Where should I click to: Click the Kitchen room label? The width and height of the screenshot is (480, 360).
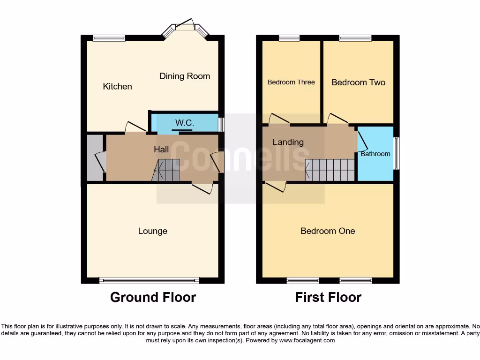click(117, 86)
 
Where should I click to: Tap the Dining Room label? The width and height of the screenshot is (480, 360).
click(185, 76)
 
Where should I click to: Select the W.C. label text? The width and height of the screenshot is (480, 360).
click(184, 123)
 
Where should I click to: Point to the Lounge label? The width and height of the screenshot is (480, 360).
click(152, 231)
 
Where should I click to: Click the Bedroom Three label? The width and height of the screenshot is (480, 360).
click(291, 82)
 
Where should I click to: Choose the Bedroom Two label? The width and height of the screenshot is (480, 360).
click(358, 82)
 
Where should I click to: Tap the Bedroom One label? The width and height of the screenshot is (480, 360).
click(328, 231)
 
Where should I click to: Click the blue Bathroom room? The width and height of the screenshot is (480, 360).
click(375, 153)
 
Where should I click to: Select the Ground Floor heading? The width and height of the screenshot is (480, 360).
click(153, 297)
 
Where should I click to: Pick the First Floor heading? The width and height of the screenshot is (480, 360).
click(328, 297)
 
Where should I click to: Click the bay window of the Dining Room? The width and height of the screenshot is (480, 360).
click(185, 30)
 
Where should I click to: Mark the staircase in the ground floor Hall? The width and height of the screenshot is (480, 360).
click(167, 170)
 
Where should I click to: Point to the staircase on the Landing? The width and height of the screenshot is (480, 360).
click(330, 170)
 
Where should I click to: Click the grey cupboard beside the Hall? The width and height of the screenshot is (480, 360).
click(96, 158)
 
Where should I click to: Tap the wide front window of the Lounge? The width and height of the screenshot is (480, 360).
click(149, 281)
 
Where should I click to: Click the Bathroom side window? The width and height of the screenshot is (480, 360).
click(397, 153)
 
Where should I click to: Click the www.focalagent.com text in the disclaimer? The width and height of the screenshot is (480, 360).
click(307, 340)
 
